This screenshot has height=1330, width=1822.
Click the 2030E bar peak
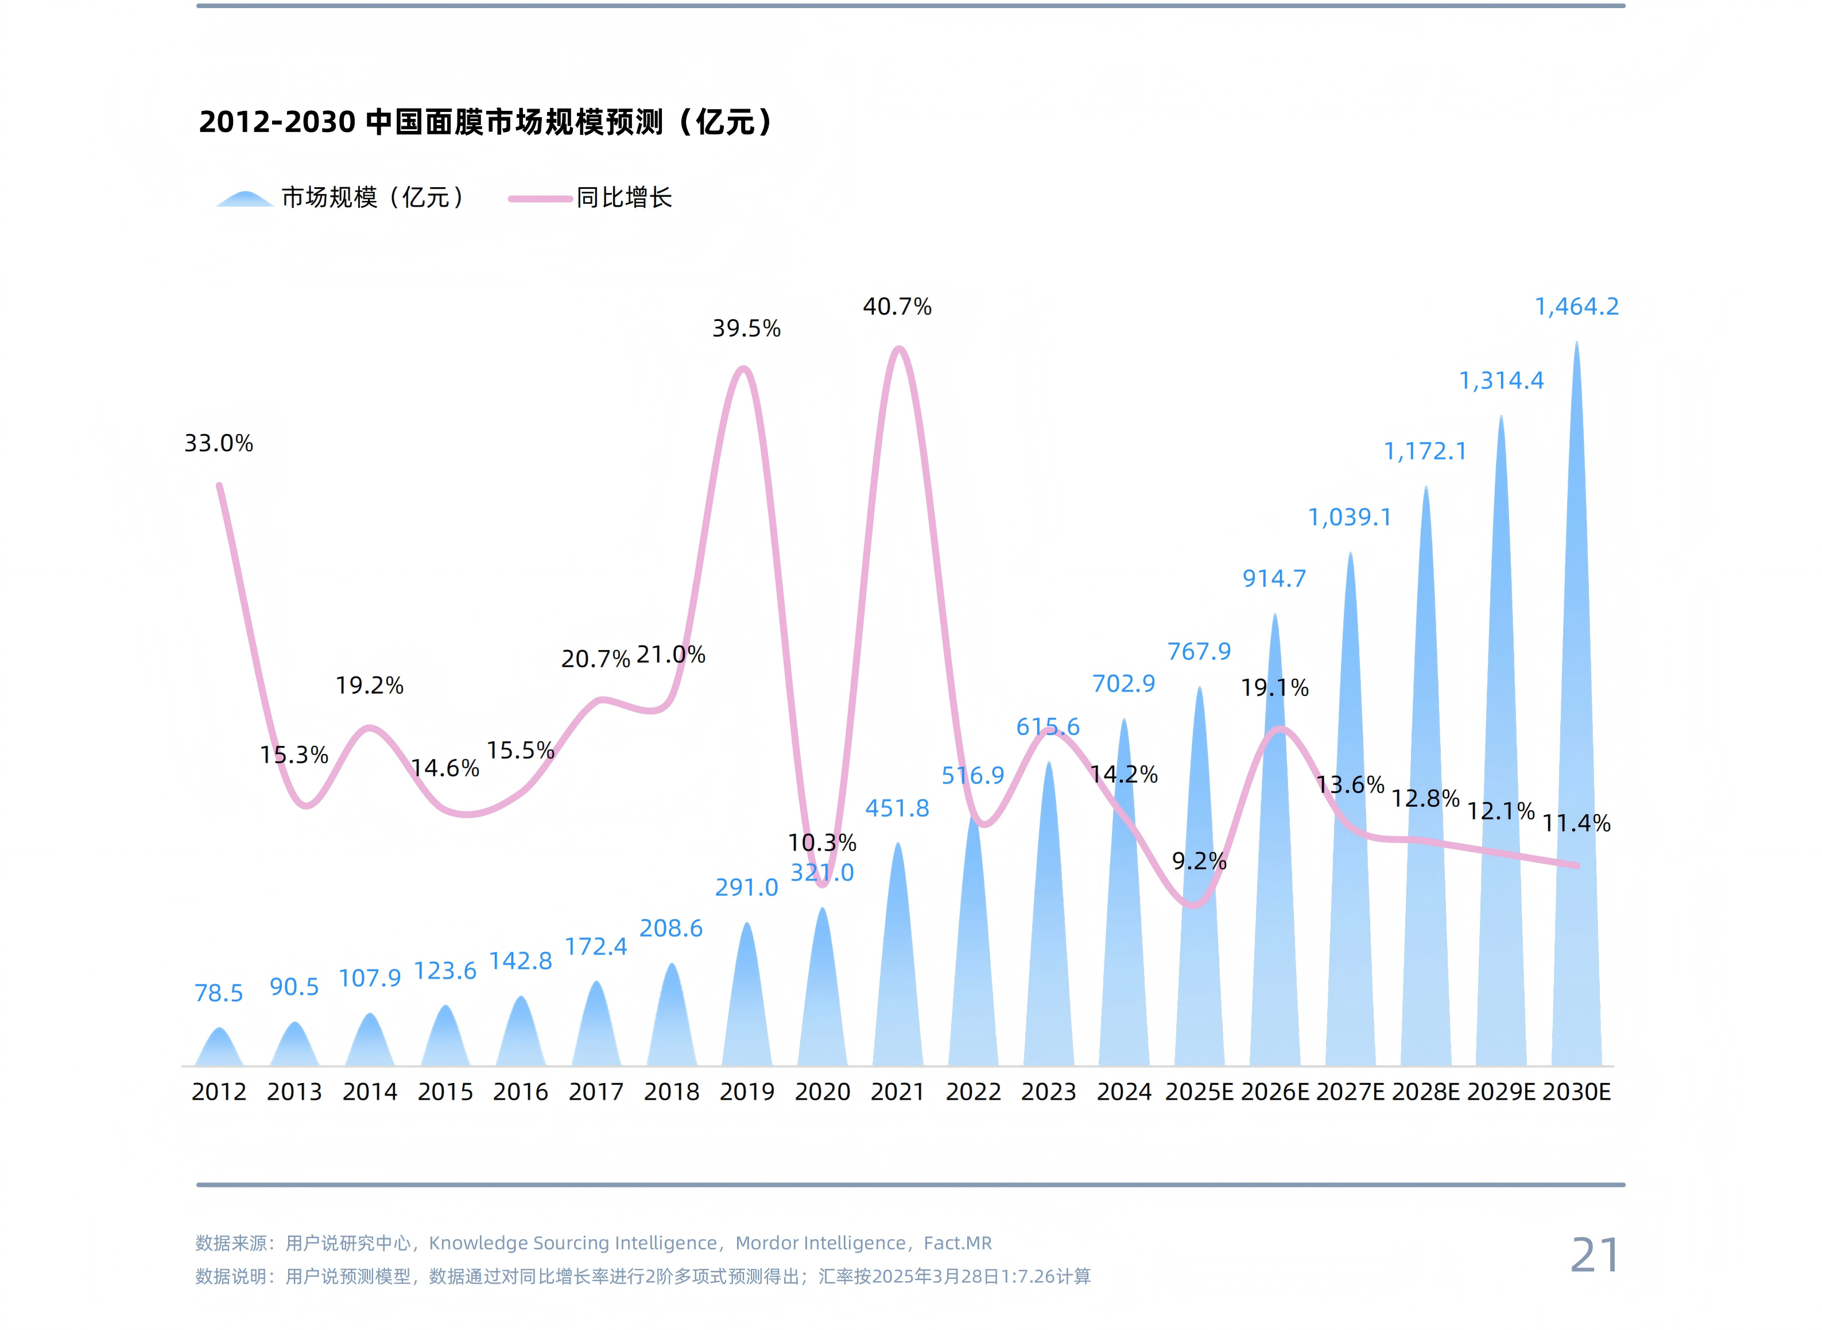[x=1576, y=346]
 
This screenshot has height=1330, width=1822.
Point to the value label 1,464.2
[x=1576, y=307]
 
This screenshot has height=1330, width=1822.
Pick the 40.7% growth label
[x=897, y=307]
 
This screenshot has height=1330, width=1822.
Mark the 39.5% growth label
[x=746, y=328]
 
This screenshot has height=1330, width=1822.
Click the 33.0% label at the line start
[x=218, y=443]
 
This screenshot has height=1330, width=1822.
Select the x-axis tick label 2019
[x=746, y=1092]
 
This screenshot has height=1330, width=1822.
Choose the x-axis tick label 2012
[x=218, y=1092]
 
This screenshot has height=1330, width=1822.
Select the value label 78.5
[x=218, y=993]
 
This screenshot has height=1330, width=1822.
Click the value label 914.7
[x=1274, y=579]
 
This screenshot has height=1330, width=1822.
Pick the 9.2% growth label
[x=1198, y=861]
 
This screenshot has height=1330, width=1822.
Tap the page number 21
[x=1594, y=1255]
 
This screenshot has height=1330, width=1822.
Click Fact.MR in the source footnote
[x=957, y=1243]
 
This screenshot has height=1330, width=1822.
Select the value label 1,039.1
[x=1350, y=517]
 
